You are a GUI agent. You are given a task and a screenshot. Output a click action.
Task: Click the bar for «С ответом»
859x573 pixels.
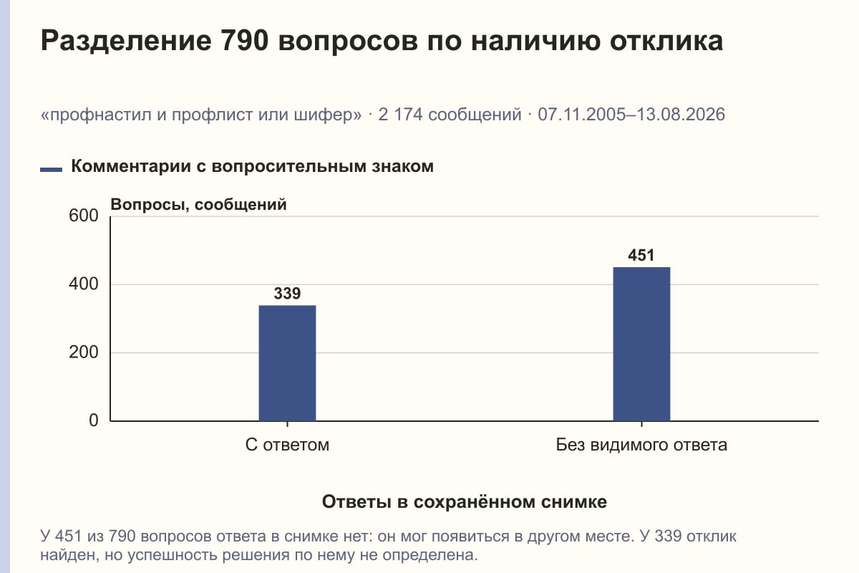pyautogui.click(x=287, y=363)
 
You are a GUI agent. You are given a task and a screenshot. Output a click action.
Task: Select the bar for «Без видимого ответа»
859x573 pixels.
pyautogui.click(x=641, y=344)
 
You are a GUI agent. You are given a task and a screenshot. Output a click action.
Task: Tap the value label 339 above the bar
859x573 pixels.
pyautogui.click(x=287, y=294)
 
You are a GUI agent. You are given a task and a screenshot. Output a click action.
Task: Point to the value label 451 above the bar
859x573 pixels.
pyautogui.click(x=641, y=255)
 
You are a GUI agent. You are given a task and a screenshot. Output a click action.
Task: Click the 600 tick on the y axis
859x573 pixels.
pyautogui.click(x=84, y=216)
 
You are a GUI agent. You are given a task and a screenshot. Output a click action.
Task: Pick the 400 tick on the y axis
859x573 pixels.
pyautogui.click(x=84, y=284)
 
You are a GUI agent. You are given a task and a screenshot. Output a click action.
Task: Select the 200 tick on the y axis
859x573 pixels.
pyautogui.click(x=84, y=352)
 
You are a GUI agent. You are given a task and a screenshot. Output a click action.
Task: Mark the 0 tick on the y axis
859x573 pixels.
pyautogui.click(x=94, y=420)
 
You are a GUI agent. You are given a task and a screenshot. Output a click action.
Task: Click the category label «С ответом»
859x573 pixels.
pyautogui.click(x=287, y=446)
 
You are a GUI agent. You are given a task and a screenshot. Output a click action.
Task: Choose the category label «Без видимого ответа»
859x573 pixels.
pyautogui.click(x=641, y=446)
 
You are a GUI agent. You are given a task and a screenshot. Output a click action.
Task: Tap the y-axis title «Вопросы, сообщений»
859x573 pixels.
pyautogui.click(x=199, y=205)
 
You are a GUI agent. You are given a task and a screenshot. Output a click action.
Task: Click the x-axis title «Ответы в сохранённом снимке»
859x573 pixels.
pyautogui.click(x=465, y=502)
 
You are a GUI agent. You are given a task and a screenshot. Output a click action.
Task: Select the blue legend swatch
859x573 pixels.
pyautogui.click(x=51, y=169)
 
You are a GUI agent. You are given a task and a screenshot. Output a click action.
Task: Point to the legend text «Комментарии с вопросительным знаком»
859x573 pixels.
pyautogui.click(x=252, y=167)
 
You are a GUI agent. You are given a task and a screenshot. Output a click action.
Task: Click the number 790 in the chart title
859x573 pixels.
pyautogui.click(x=244, y=41)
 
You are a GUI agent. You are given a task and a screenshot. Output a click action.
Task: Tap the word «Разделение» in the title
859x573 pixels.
pyautogui.click(x=126, y=42)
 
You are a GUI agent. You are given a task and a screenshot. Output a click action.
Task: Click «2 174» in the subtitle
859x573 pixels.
pyautogui.click(x=400, y=115)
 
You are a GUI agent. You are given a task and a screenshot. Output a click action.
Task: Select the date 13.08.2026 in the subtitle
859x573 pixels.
pyautogui.click(x=681, y=115)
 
